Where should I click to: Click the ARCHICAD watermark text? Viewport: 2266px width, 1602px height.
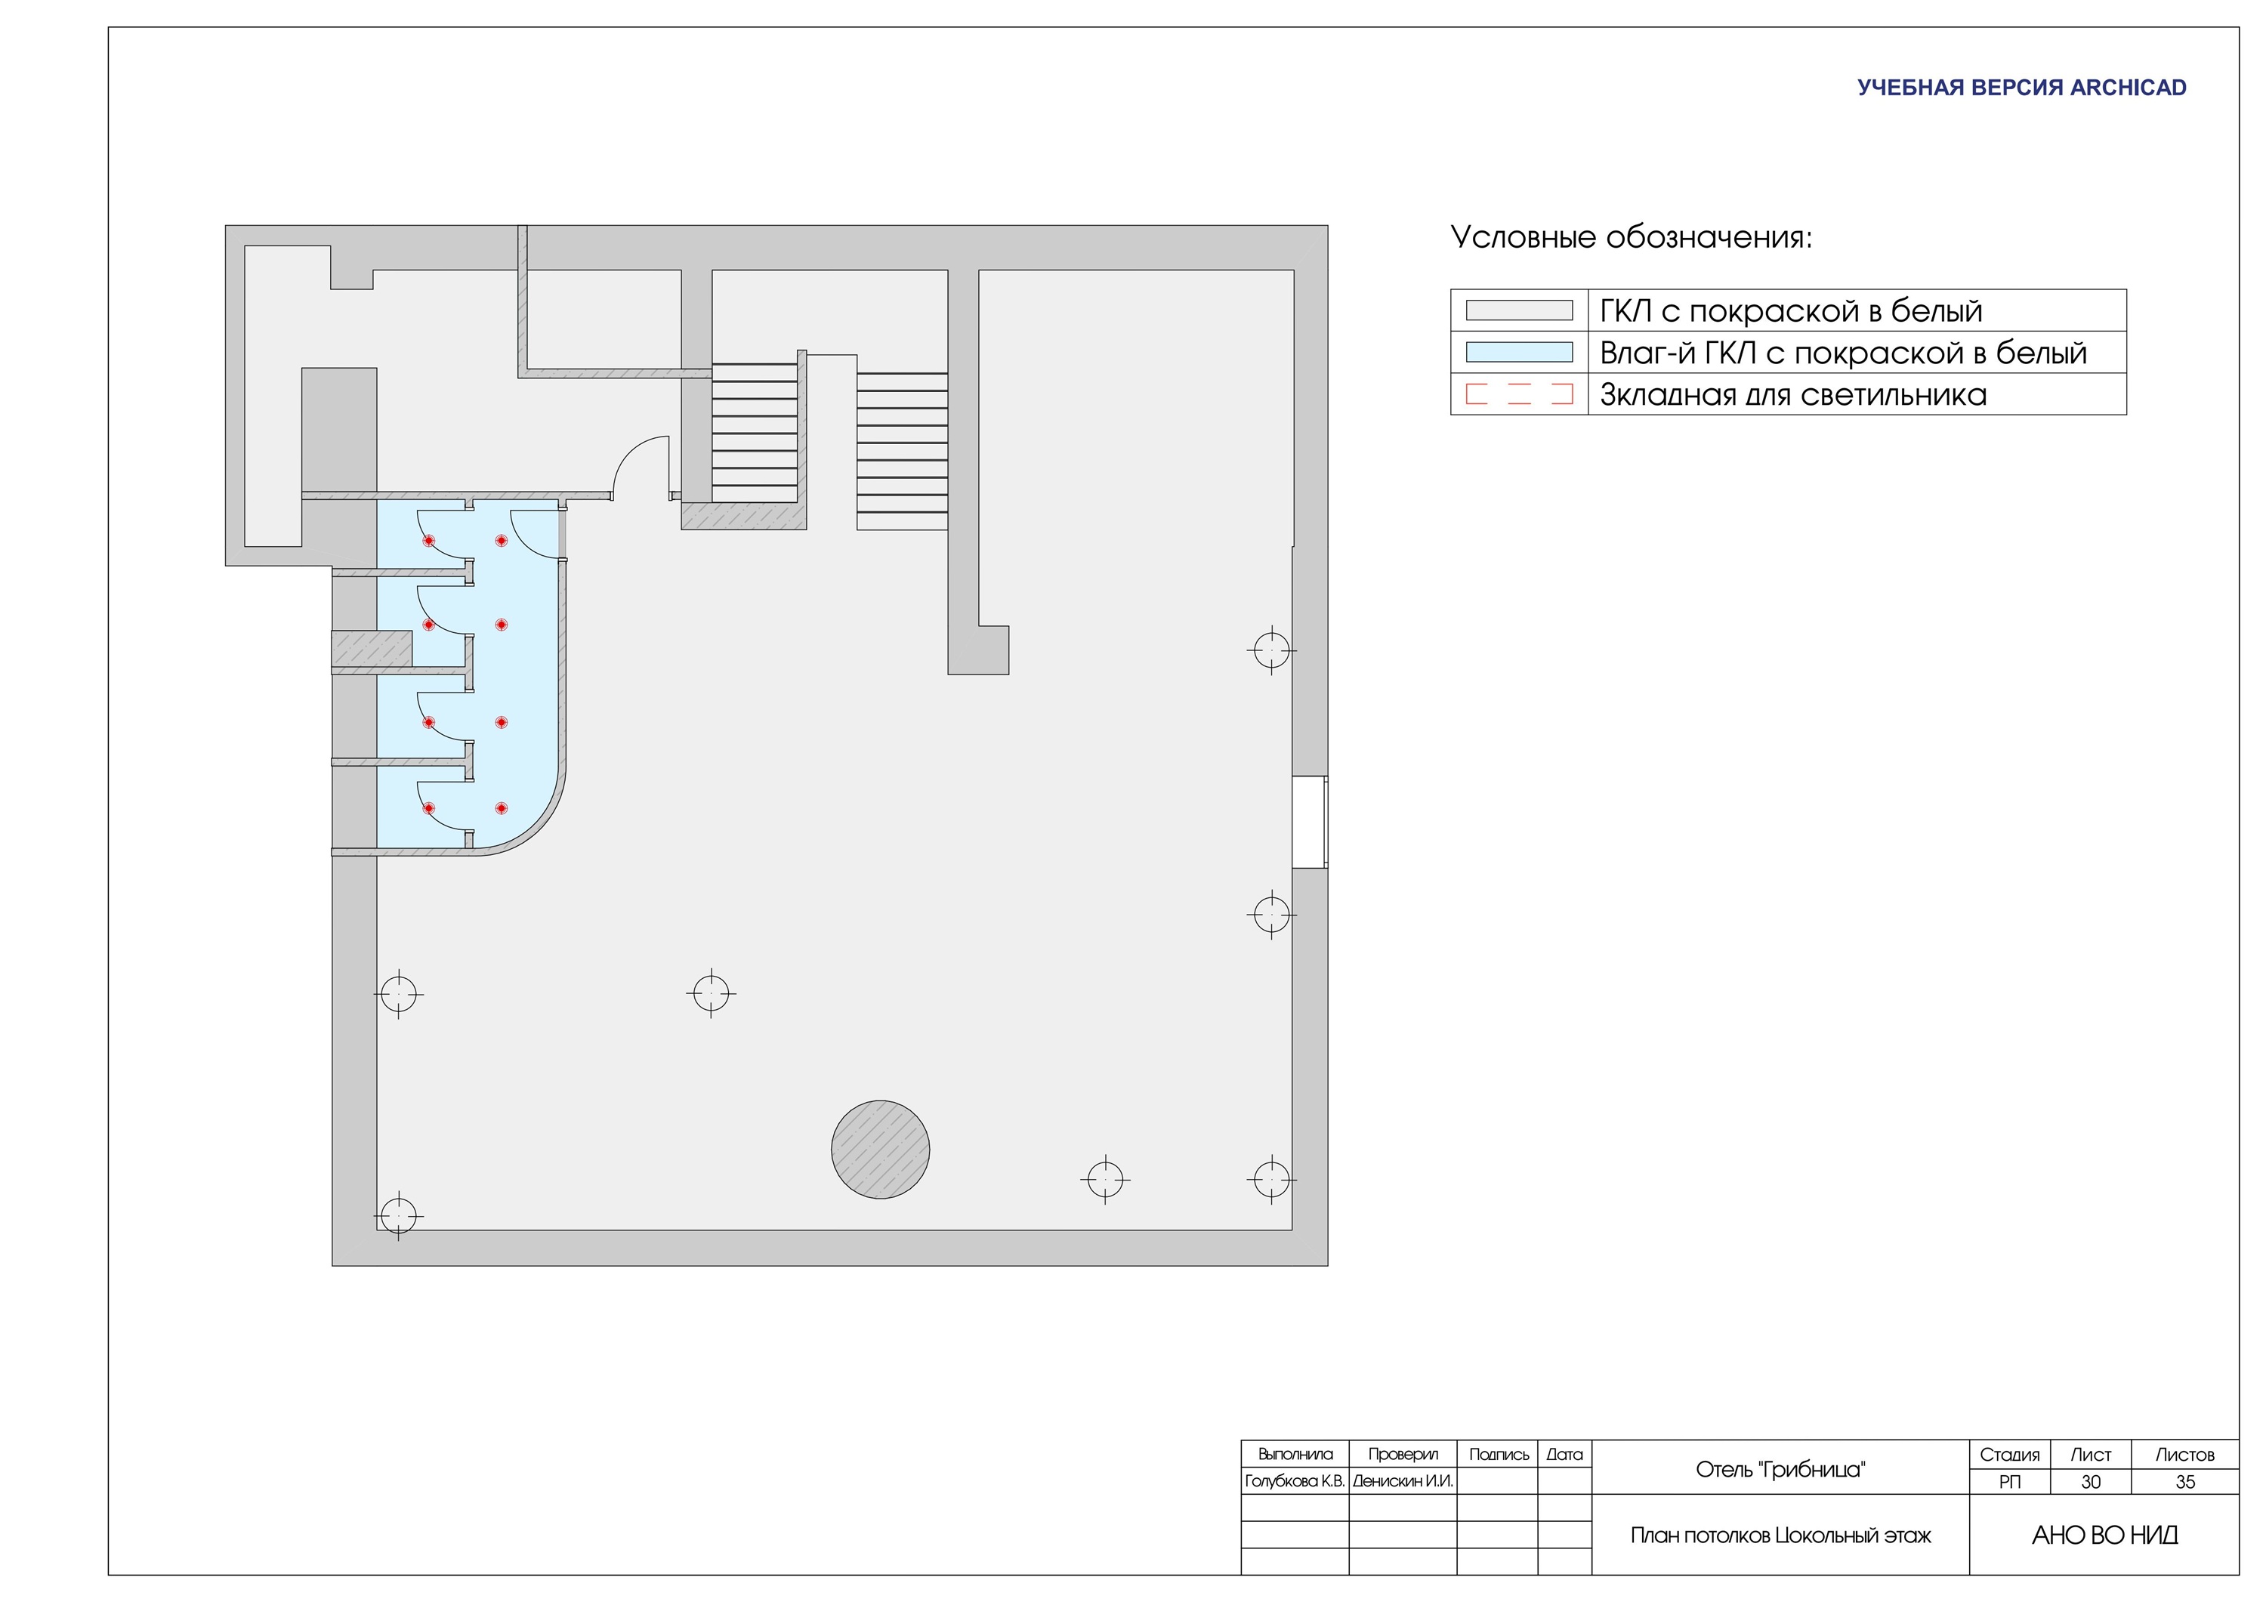point(2021,88)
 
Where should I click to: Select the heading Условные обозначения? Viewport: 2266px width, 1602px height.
point(1632,238)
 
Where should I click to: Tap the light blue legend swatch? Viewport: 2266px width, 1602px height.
point(1519,353)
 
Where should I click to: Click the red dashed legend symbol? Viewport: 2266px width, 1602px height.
point(1519,395)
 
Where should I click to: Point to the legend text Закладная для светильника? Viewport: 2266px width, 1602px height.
point(1793,395)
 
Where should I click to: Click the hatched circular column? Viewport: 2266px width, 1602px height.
point(881,1150)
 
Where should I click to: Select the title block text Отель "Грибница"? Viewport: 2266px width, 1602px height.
point(1780,1470)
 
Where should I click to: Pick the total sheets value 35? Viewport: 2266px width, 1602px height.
point(2185,1483)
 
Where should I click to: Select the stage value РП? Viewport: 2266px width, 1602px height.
point(2009,1483)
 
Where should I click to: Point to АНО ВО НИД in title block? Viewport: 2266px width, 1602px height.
point(2105,1536)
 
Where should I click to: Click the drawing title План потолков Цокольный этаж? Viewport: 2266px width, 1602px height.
point(1780,1536)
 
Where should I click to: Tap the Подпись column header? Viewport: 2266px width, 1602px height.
point(1498,1455)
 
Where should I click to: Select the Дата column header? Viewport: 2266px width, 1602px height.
point(1564,1454)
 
